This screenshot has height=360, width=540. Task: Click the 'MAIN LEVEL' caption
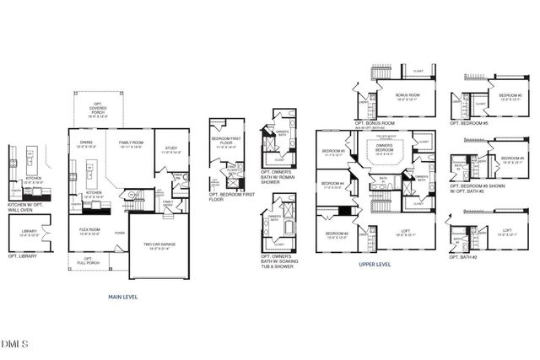click(123, 297)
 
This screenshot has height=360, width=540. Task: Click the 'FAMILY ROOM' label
click(131, 142)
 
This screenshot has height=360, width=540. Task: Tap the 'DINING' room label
click(86, 142)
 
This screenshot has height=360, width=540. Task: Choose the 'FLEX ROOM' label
click(89, 228)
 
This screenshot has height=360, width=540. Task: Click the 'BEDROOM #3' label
click(332, 152)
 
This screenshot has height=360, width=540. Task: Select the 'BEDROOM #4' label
click(332, 183)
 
